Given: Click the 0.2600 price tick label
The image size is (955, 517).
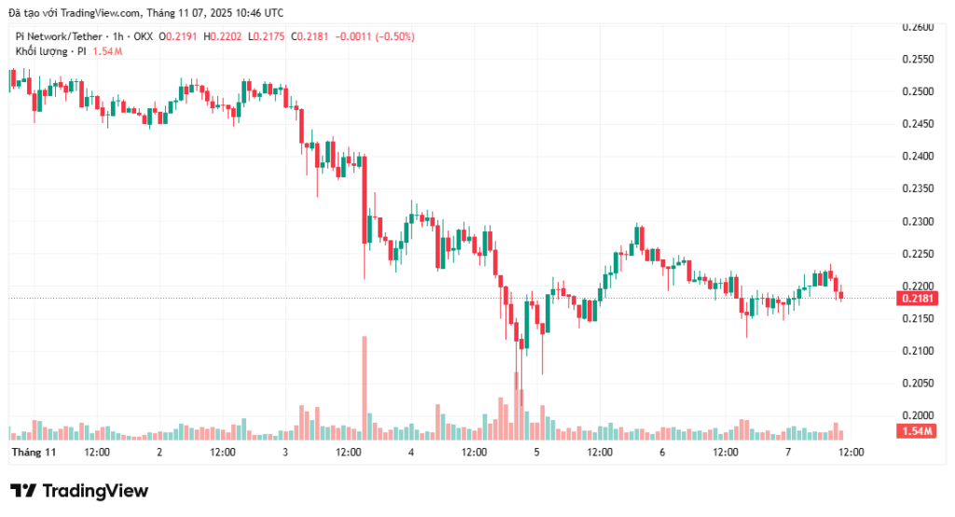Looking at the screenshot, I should click(918, 27).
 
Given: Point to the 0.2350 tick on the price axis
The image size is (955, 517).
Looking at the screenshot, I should click(918, 189).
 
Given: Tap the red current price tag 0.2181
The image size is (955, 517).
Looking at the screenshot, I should click(918, 299).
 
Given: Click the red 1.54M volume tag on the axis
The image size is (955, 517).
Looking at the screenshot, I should click(918, 431).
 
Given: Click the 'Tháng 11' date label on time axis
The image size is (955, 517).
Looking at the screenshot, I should click(34, 452).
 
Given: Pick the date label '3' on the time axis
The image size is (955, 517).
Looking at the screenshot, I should click(285, 452).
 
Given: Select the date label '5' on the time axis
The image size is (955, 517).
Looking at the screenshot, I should click(536, 452).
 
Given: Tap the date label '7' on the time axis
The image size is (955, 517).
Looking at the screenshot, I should click(788, 452).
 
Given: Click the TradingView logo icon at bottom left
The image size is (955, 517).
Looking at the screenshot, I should click(23, 491).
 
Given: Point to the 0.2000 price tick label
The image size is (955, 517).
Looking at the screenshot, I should click(918, 415).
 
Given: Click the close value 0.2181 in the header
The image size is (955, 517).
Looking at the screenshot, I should click(313, 35).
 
